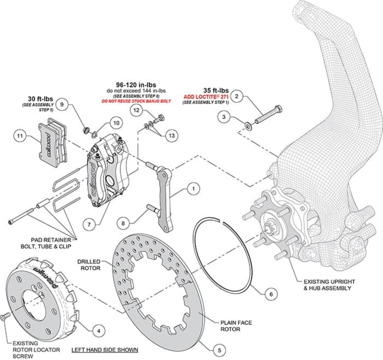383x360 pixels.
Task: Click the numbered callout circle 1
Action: click(194, 188)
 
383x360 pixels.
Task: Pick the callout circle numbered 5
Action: click(219, 349)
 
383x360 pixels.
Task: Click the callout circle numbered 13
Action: click(171, 135)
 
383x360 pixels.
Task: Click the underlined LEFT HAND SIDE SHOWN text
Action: click(105, 350)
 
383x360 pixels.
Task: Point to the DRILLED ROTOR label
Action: click(89, 265)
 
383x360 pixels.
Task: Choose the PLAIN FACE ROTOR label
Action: click(236, 326)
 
